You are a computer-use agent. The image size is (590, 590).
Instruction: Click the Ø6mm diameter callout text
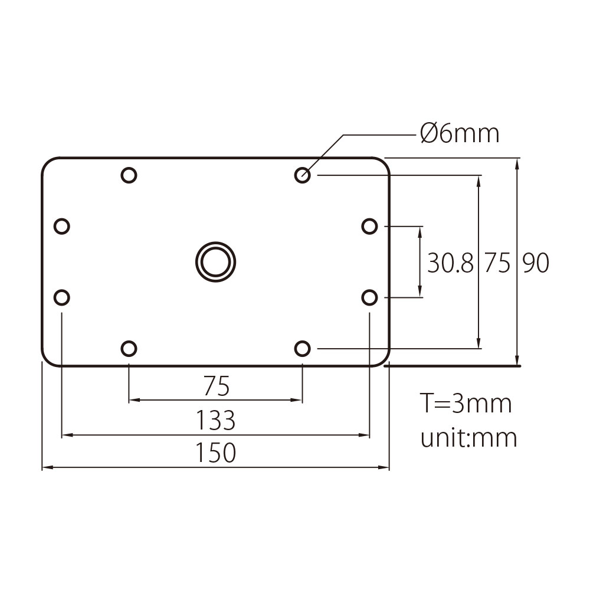pyautogui.click(x=460, y=134)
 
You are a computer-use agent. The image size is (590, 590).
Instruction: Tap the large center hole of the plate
pyautogui.click(x=215, y=261)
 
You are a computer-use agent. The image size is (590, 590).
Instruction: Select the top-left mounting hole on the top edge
pyautogui.click(x=129, y=175)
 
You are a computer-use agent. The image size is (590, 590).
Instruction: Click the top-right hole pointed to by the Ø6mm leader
pyautogui.click(x=302, y=175)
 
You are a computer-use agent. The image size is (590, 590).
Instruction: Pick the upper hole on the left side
pyautogui.click(x=61, y=226)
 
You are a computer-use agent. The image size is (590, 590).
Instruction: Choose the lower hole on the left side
pyautogui.click(x=61, y=297)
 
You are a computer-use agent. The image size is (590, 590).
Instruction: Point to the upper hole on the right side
pyautogui.click(x=369, y=226)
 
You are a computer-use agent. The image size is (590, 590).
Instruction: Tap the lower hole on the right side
pyautogui.click(x=369, y=297)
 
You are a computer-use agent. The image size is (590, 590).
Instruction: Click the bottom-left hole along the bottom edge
pyautogui.click(x=129, y=349)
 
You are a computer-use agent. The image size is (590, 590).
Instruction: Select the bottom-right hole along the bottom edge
pyautogui.click(x=302, y=349)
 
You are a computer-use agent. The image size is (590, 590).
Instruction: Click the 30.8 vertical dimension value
pyautogui.click(x=450, y=263)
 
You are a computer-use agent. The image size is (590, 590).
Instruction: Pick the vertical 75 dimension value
pyautogui.click(x=497, y=263)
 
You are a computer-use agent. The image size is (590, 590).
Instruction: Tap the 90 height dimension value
pyautogui.click(x=536, y=263)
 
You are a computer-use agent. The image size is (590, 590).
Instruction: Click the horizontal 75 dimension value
pyautogui.click(x=216, y=387)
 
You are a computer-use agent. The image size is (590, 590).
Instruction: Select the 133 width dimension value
pyautogui.click(x=216, y=421)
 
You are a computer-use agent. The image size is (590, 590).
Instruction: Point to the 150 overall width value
pyautogui.click(x=216, y=453)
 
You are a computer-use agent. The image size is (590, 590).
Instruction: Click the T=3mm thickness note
pyautogui.click(x=466, y=404)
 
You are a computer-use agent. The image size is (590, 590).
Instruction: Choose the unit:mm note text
pyautogui.click(x=468, y=438)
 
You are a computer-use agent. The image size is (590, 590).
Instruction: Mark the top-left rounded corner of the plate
pyautogui.click(x=47, y=164)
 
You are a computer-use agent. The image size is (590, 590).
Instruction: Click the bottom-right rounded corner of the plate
pyautogui.click(x=384, y=360)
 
